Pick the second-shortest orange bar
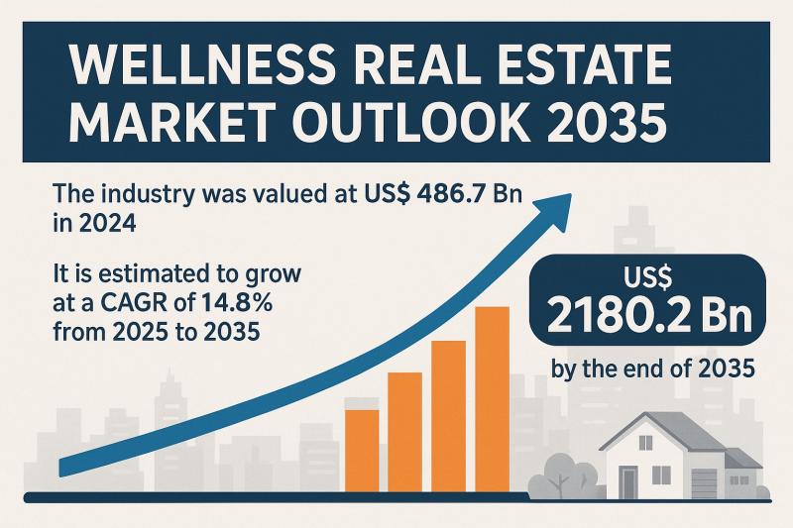404,430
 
